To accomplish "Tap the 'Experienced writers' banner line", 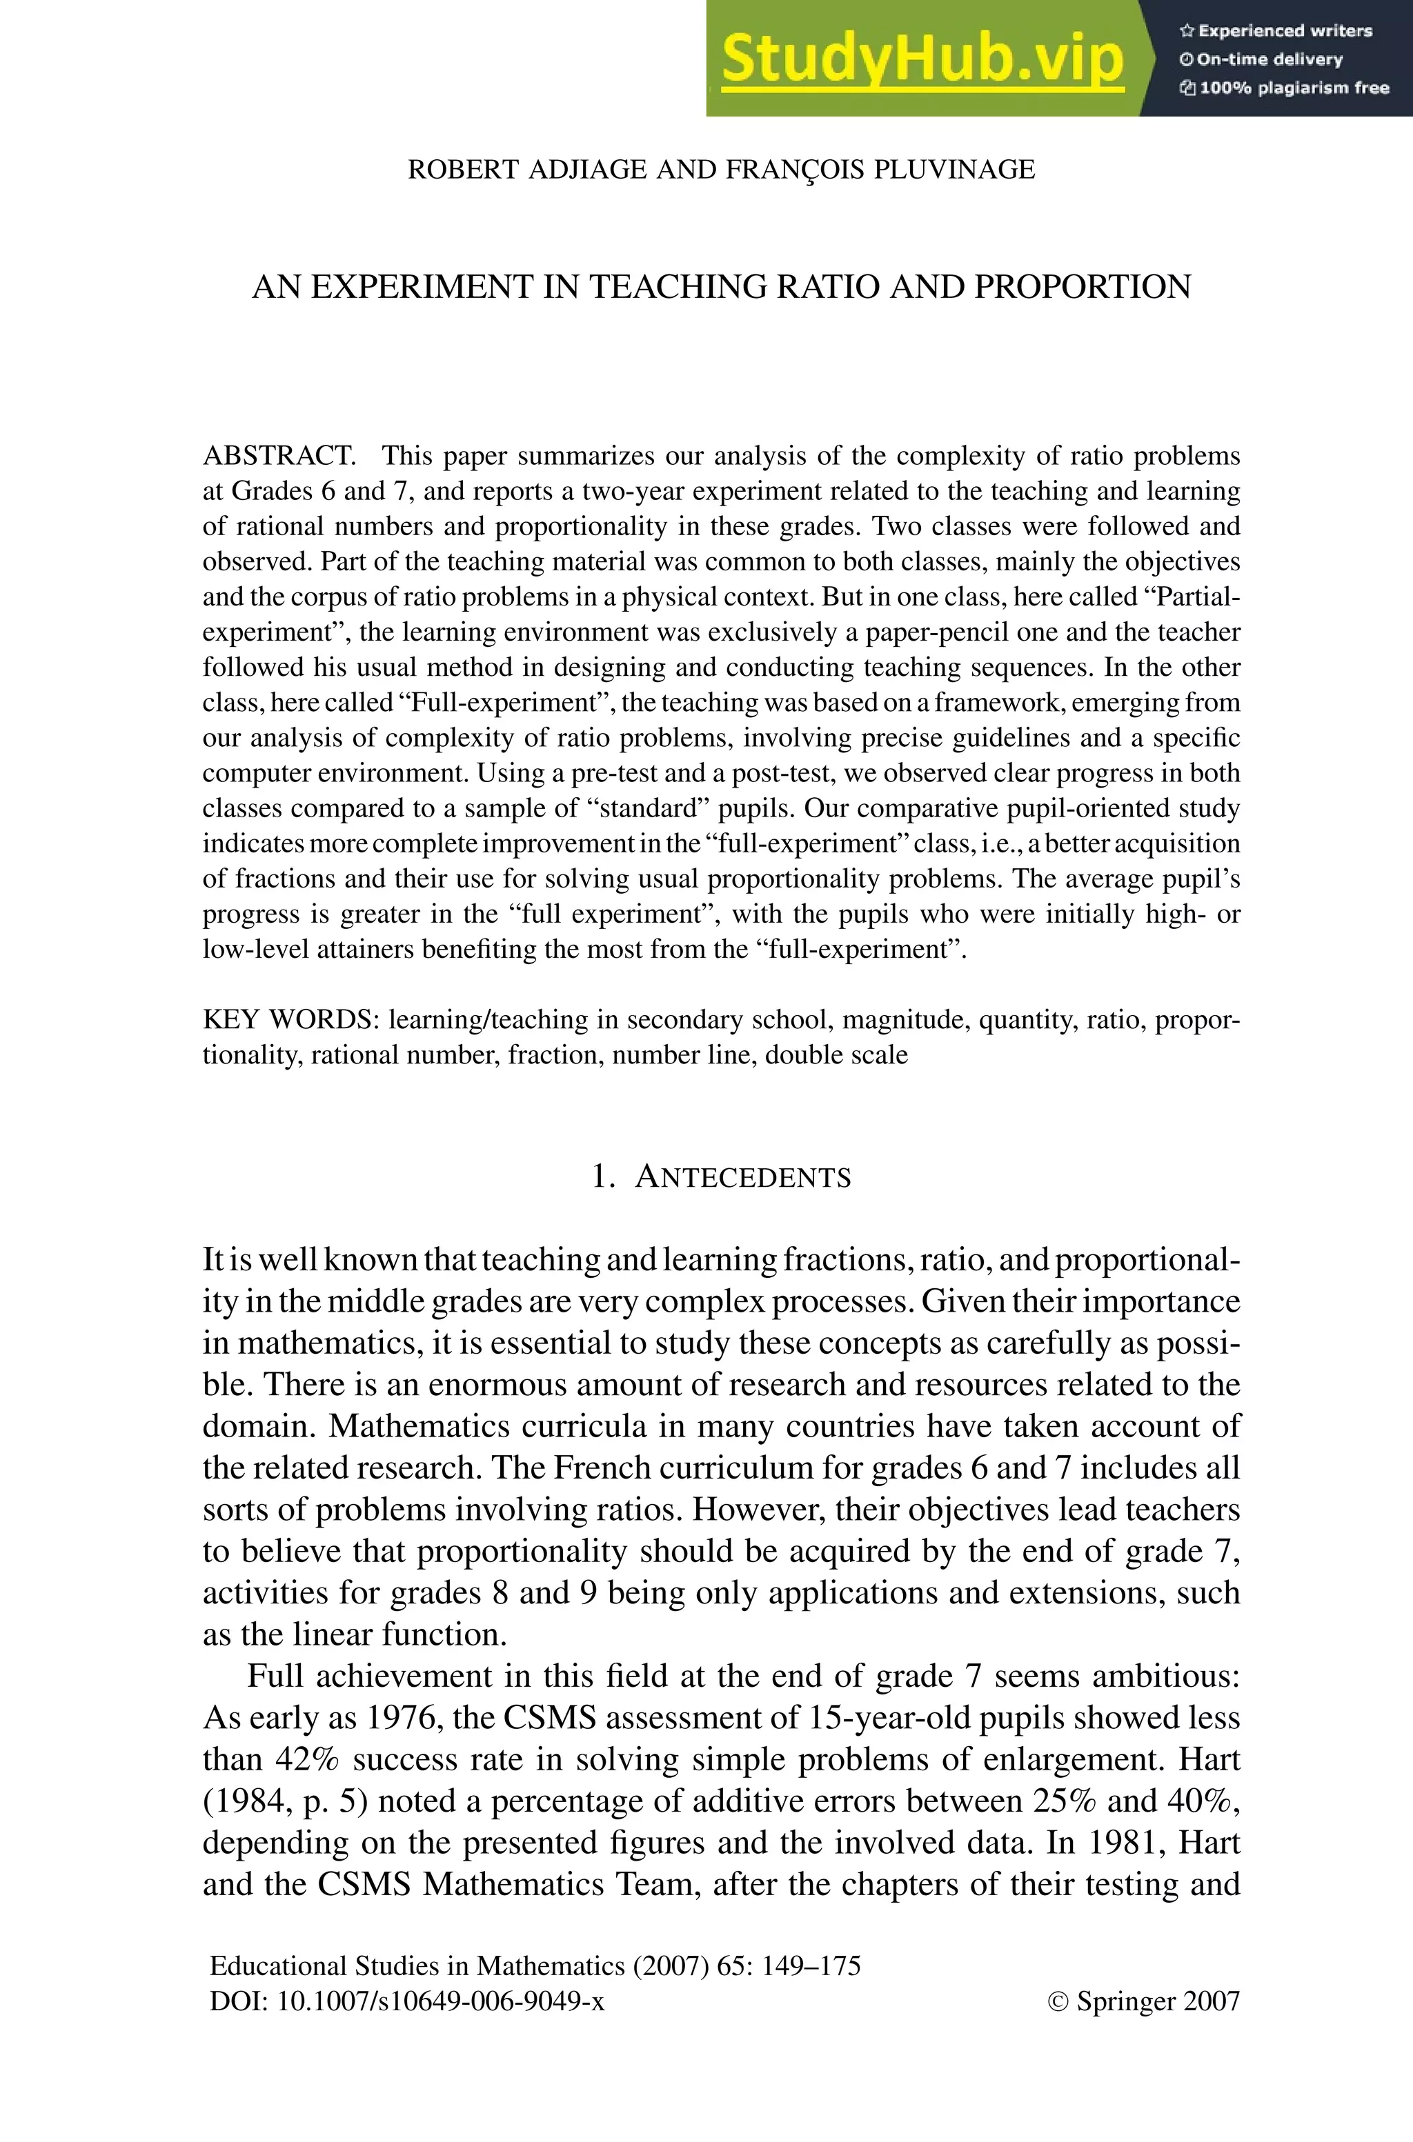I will (1276, 30).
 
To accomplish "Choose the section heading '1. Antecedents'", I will (721, 1177).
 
